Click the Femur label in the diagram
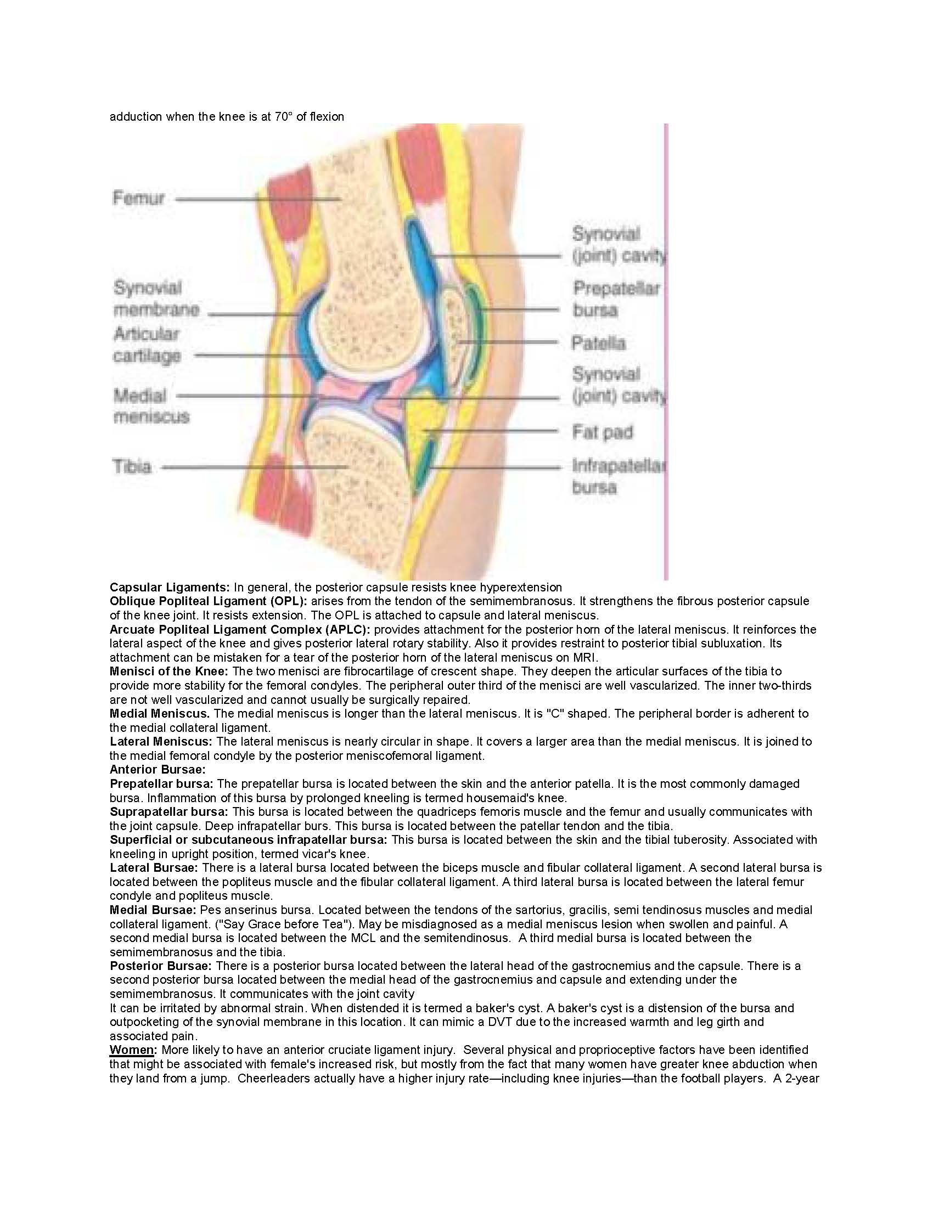tap(139, 198)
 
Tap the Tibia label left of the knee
tap(132, 466)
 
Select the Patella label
tap(599, 343)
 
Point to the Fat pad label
tap(603, 432)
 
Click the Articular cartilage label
tap(147, 345)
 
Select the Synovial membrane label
tap(156, 298)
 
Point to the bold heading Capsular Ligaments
tap(170, 587)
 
